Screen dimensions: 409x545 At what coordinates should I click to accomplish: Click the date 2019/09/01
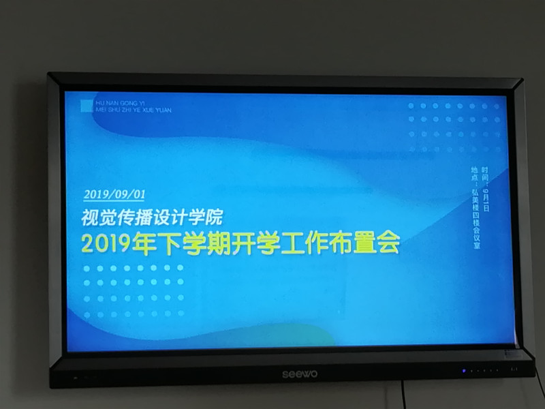[x=114, y=194]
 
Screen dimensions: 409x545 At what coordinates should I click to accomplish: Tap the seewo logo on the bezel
[x=300, y=374]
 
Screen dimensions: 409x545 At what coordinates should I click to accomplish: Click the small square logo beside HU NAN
[x=87, y=105]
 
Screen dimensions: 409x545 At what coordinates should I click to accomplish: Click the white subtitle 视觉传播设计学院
[x=152, y=218]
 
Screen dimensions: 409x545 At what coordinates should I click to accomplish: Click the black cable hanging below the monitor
[x=403, y=396]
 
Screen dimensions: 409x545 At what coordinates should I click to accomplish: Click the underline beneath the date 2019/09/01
[x=114, y=200]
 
